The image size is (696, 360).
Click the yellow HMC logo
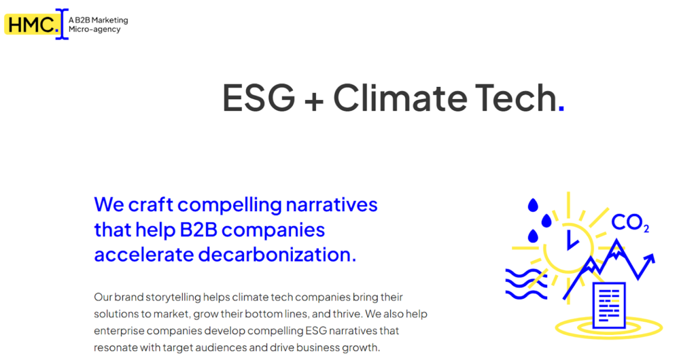tap(31, 24)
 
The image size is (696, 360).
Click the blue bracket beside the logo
tap(62, 24)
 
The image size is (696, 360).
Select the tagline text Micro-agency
tap(94, 29)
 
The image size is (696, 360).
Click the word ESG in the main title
tap(259, 98)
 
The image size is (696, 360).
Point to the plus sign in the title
tap(314, 101)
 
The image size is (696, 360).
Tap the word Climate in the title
tap(400, 98)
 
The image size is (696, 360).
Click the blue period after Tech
tap(561, 107)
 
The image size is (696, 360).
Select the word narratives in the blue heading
tap(332, 205)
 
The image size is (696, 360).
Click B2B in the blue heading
tap(198, 230)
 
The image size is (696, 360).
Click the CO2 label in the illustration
tap(630, 223)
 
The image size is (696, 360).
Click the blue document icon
tap(609, 306)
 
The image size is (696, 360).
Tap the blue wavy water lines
tap(527, 283)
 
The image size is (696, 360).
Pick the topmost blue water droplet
tap(533, 205)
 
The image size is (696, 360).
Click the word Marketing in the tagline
tap(110, 20)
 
